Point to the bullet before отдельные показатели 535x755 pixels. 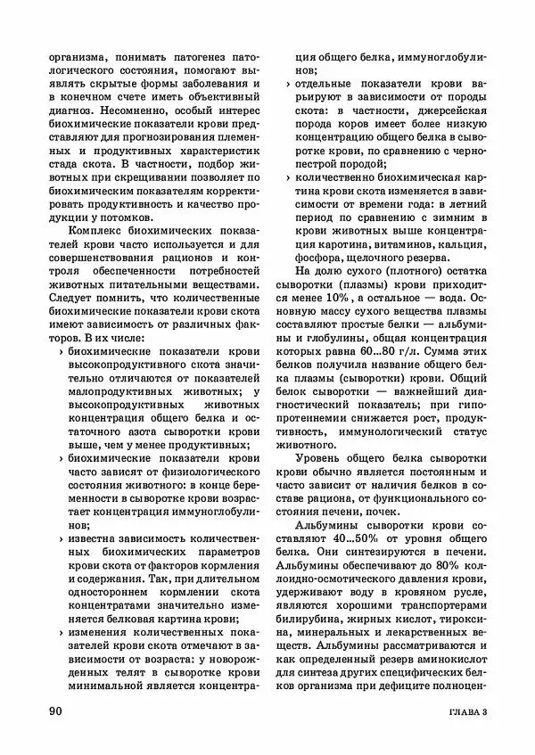point(289,86)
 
